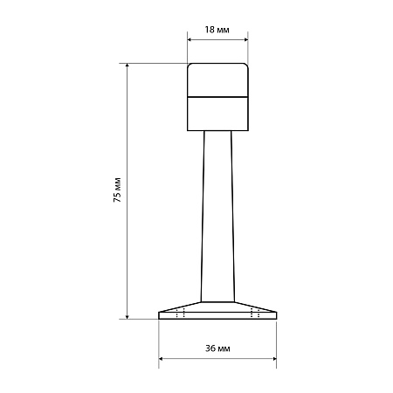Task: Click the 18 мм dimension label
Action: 217,30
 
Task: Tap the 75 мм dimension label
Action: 117,190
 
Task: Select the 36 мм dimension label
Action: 217,348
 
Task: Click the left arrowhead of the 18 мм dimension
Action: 190,39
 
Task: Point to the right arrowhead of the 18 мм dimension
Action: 245,39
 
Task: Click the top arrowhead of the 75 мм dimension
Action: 127,65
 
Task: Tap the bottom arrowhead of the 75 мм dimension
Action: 127,316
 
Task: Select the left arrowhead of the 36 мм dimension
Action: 161,359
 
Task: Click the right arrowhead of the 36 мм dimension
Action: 274,359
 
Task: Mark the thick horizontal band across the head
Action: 217,97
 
